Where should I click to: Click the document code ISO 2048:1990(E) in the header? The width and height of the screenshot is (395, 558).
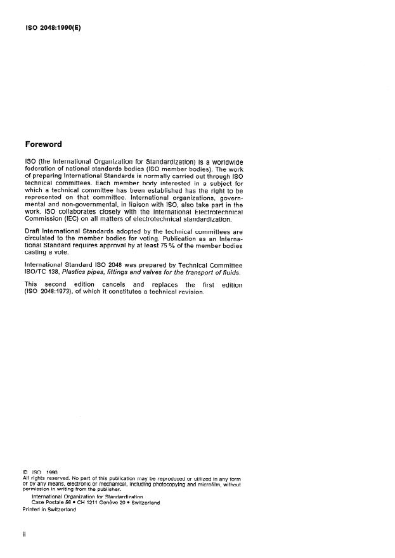coord(55,28)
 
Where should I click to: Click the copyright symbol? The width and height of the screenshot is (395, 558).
coord(25,472)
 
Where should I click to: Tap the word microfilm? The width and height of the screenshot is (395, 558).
coord(210,484)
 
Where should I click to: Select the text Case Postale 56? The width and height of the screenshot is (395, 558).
coord(53,502)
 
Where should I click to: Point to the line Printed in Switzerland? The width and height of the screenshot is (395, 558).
coord(49,509)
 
